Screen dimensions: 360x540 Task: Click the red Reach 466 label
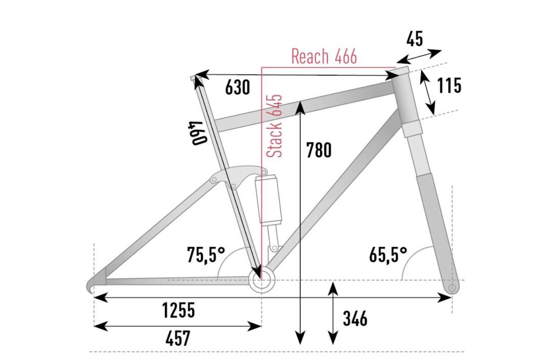324,57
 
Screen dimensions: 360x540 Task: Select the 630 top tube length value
237,88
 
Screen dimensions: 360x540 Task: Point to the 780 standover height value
319,150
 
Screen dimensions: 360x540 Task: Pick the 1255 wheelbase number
178,310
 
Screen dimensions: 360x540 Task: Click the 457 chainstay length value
177,338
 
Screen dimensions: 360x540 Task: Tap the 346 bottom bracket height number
354,319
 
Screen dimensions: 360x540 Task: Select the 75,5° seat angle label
206,255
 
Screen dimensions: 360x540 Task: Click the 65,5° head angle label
388,255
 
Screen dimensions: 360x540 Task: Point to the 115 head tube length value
449,86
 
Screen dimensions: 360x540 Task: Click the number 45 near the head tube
414,39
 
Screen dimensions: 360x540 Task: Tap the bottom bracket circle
261,280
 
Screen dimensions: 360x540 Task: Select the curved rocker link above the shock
238,176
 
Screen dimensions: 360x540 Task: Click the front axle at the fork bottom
452,288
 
